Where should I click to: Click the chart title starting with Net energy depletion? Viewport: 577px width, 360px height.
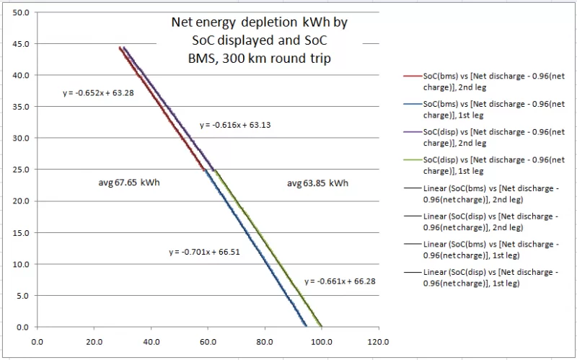pos(259,41)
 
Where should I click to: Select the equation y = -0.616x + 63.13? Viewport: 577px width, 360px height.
pos(231,125)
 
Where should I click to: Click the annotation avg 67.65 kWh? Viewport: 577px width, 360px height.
pos(129,183)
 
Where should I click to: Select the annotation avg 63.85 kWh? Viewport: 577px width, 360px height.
pos(317,183)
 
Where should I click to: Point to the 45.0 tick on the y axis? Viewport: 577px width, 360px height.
pos(20,43)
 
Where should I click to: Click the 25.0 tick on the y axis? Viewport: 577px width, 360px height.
pos(20,170)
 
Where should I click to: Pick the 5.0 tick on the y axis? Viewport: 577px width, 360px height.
pos(22,296)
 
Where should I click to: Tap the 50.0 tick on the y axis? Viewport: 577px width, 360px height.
pos(20,12)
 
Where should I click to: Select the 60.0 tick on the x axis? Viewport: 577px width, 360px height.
pos(207,343)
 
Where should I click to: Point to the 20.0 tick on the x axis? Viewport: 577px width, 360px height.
pos(94,343)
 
